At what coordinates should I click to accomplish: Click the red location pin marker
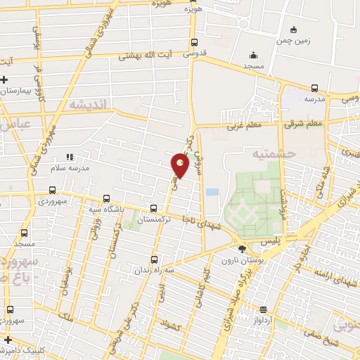point(180,165)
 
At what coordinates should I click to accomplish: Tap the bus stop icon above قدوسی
point(194,42)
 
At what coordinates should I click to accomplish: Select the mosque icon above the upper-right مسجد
point(253,54)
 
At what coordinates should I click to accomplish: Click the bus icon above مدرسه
point(314,88)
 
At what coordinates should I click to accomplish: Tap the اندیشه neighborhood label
point(89,104)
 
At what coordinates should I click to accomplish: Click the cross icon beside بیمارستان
point(5,79)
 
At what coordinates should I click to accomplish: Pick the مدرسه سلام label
point(69,169)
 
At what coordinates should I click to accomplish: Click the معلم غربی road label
point(244,127)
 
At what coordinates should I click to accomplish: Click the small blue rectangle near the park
point(212,191)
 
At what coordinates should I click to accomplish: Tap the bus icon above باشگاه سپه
point(106,198)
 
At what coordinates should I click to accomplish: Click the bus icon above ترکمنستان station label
point(154,208)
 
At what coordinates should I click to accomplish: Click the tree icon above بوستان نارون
point(243,250)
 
